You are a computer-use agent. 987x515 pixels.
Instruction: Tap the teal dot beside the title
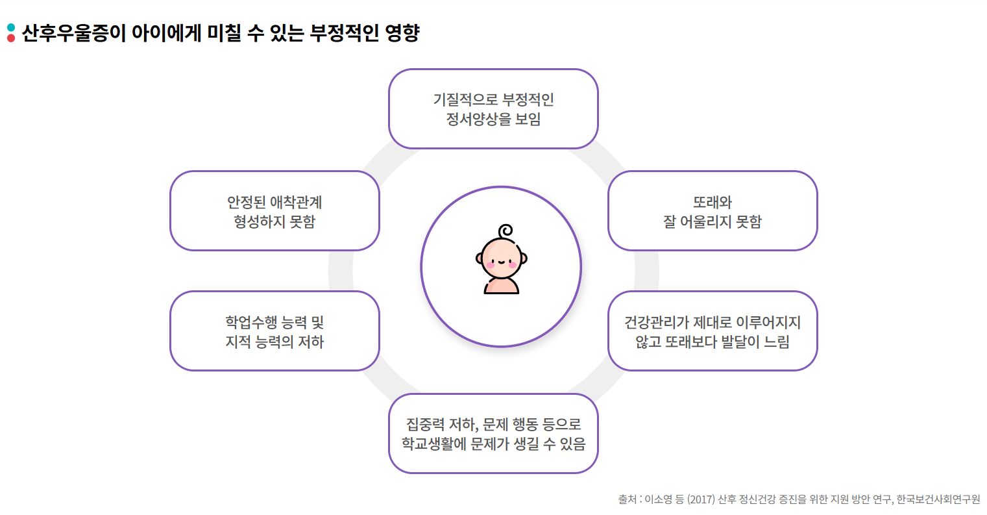pos(11,27)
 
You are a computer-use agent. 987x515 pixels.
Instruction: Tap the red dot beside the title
pos(11,38)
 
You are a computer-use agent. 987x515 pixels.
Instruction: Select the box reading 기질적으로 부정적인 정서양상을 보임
pos(493,109)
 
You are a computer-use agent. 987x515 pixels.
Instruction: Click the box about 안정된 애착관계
pos(274,211)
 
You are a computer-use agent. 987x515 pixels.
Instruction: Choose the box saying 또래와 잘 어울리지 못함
pos(712,211)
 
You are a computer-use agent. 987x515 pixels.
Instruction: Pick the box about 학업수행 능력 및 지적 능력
pos(274,331)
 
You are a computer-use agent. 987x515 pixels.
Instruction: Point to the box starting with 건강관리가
pos(712,331)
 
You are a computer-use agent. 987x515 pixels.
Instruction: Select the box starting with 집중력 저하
pos(493,433)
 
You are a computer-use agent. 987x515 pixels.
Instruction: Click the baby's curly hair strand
pos(505,231)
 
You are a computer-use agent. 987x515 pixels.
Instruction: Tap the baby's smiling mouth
pos(501,263)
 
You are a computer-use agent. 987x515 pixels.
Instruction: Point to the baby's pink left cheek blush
pos(491,264)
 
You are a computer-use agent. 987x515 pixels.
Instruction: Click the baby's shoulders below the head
pos(502,286)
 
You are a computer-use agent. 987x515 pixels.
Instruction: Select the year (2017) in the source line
pos(701,499)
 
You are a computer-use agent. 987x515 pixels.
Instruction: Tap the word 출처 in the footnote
pos(627,499)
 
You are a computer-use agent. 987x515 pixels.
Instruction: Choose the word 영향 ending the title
pos(402,33)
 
